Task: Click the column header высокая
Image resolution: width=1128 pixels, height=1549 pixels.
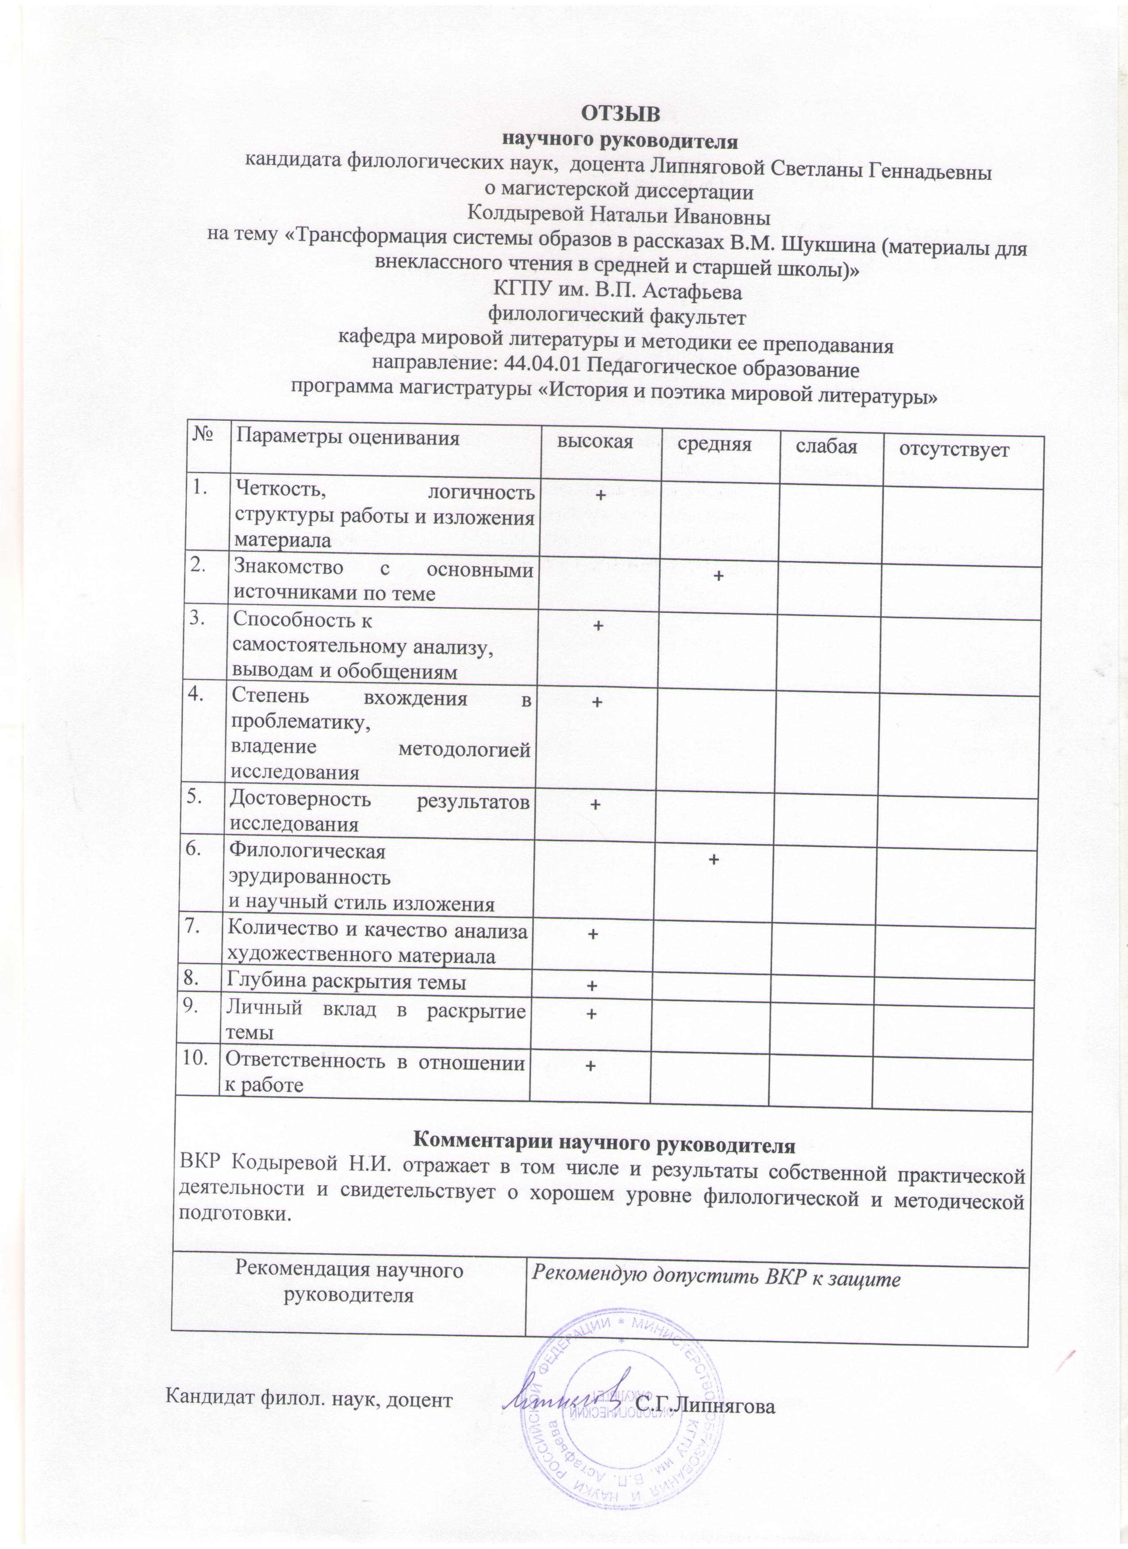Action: [x=595, y=442]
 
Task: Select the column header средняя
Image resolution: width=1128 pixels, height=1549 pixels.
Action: [x=714, y=445]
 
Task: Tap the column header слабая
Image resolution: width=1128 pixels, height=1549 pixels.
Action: [x=826, y=447]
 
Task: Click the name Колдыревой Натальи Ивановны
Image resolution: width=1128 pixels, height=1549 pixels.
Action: [x=618, y=217]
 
